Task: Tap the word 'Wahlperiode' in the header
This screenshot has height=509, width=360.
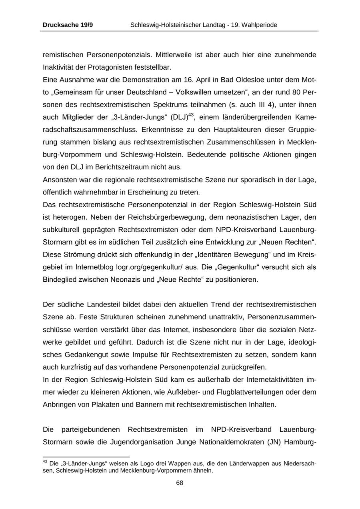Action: pyautogui.click(x=259, y=25)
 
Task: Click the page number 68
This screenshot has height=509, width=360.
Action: pyautogui.click(x=180, y=483)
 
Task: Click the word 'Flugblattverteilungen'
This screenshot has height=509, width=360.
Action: pyautogui.click(x=237, y=392)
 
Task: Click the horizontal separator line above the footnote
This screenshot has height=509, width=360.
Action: pyautogui.click(x=86, y=457)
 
